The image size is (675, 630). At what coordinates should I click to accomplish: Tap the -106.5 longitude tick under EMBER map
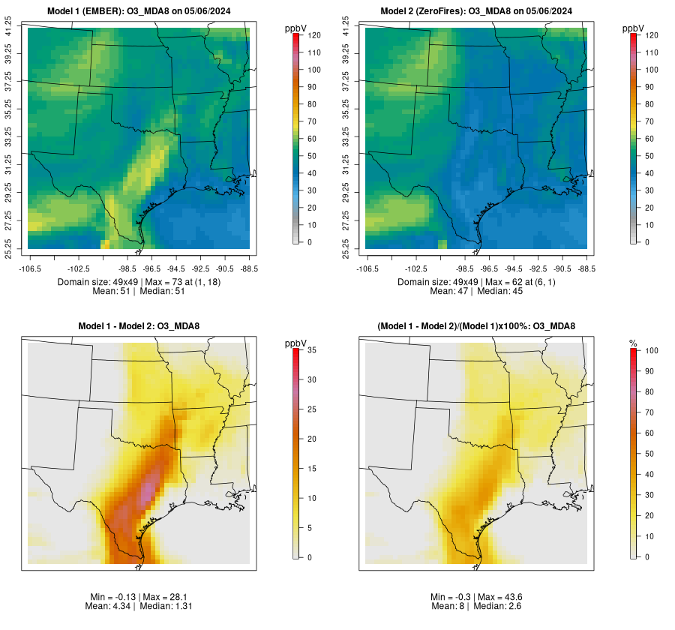28,268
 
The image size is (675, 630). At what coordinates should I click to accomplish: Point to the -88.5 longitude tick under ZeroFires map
586,268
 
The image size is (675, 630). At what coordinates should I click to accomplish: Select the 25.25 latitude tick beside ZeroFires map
346,248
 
